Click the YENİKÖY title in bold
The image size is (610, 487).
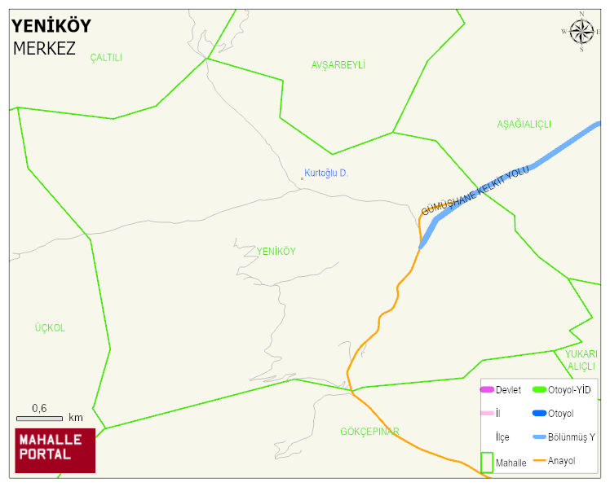[51, 25]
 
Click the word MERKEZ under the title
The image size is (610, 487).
[44, 48]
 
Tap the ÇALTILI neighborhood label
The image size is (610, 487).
[106, 57]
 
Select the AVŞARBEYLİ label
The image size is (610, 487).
[338, 64]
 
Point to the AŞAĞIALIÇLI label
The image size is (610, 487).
[524, 124]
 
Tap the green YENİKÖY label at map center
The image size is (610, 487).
[276, 252]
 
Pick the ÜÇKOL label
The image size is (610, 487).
[49, 328]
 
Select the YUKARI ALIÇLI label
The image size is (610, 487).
[582, 360]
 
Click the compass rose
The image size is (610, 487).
[581, 32]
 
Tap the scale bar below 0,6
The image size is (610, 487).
[39, 418]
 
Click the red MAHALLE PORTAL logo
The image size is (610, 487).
[55, 450]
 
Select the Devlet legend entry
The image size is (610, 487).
[508, 390]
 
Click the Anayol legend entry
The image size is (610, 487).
[561, 461]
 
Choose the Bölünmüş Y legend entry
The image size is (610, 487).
[571, 437]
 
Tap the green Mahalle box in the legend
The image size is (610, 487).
[487, 462]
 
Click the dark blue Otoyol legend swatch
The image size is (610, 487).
[538, 414]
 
